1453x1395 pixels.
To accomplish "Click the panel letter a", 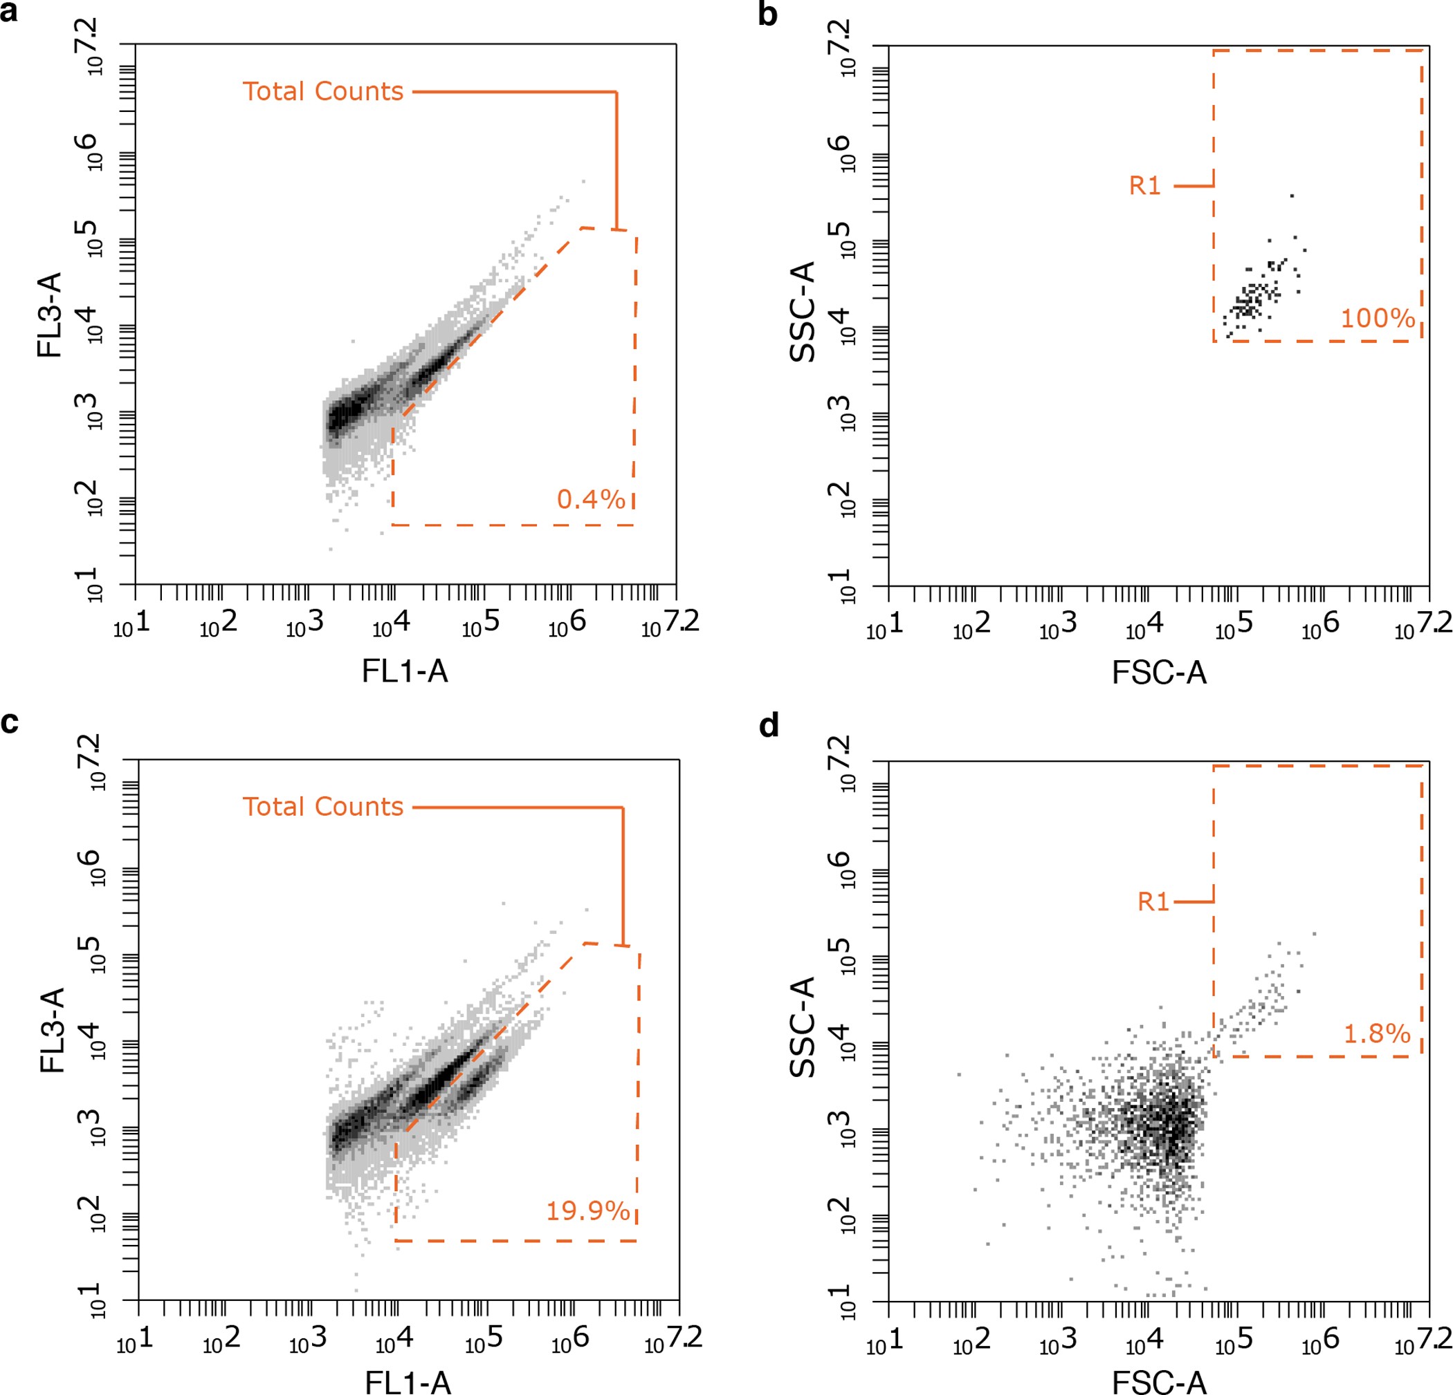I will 9,12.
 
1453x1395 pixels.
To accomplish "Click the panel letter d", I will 769,727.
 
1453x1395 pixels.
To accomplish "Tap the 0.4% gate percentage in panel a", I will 591,499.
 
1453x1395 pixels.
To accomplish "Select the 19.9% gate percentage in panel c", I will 588,1211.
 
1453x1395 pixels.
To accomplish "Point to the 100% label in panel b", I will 1378,319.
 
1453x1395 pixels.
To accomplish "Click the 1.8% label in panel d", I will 1377,1033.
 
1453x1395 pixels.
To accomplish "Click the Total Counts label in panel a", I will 322,92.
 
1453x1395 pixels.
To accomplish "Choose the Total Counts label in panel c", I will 322,807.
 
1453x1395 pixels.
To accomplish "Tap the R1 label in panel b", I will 1144,186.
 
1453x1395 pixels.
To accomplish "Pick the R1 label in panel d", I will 1153,901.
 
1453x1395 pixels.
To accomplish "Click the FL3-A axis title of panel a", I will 50,315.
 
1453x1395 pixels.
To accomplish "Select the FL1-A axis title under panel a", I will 405,671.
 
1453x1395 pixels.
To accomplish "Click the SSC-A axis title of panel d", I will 803,1027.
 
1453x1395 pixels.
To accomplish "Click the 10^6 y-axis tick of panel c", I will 93,867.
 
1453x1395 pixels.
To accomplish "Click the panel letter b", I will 768,14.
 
